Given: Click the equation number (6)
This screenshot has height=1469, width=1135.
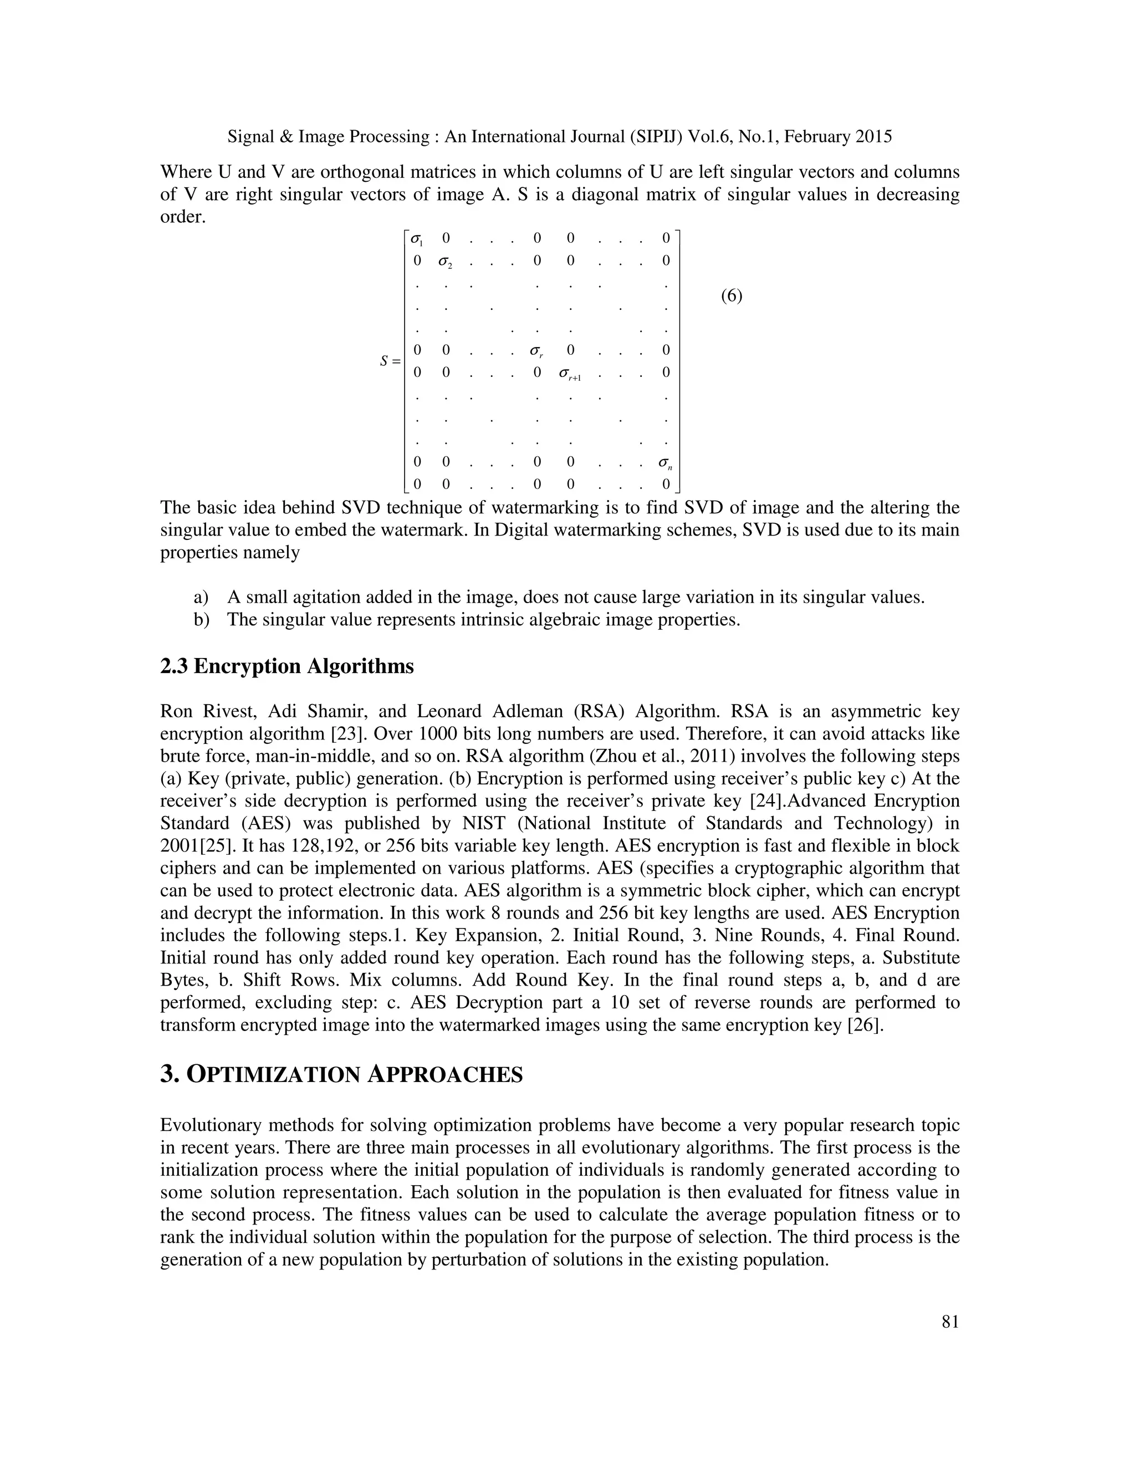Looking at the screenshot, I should (x=732, y=296).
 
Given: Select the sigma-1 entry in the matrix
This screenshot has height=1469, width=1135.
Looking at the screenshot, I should (x=417, y=239).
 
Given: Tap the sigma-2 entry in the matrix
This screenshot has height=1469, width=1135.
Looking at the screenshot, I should (x=445, y=262).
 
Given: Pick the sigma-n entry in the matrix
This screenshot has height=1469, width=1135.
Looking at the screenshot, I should (x=666, y=463).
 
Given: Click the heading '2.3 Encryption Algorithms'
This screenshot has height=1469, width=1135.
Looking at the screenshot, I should (x=287, y=666).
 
